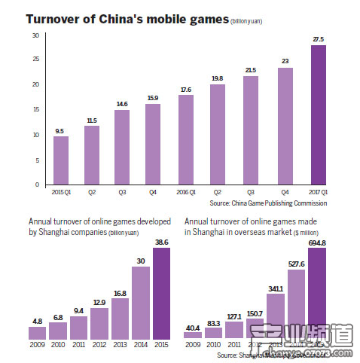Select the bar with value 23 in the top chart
click(x=284, y=127)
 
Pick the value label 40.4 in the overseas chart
click(x=194, y=327)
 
